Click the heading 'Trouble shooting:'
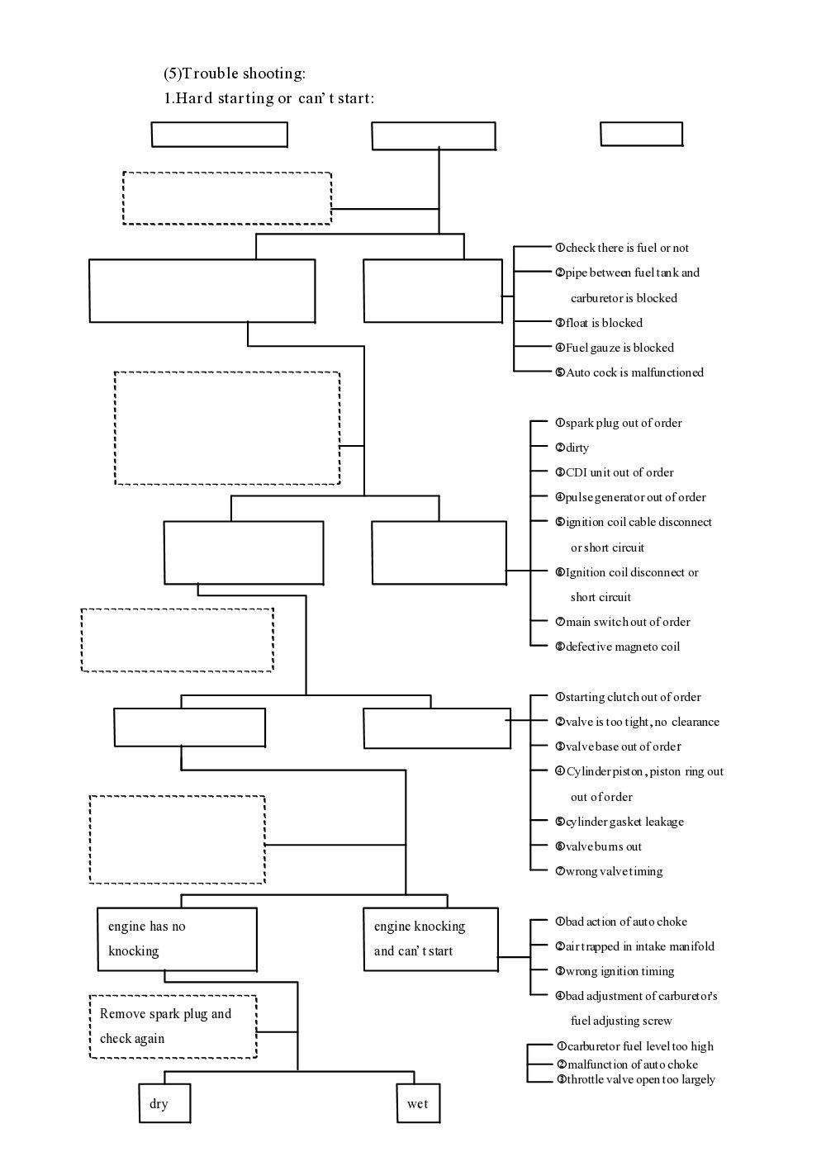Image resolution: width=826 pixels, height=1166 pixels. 235,73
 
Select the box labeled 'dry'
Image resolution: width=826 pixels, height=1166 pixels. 164,1104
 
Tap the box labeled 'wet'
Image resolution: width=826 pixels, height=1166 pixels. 418,1104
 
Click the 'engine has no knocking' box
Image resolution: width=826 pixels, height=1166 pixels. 176,939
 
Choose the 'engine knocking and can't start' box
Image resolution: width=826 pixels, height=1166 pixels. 430,939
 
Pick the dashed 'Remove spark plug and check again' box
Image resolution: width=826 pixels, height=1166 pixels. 173,1026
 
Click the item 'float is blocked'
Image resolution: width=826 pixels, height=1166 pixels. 603,323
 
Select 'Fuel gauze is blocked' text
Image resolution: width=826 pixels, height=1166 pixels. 619,348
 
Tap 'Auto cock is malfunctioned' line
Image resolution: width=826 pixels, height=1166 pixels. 634,372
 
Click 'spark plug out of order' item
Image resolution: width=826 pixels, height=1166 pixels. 623,423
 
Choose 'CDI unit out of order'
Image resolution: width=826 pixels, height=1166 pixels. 619,472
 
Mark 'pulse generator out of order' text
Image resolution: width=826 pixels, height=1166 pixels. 634,497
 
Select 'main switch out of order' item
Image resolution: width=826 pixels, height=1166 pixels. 627,622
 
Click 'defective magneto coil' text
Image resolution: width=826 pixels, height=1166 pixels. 622,647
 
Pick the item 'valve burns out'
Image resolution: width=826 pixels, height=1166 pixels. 603,846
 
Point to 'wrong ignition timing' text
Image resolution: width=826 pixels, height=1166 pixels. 619,971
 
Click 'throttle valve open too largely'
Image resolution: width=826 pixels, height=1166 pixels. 640,1079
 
